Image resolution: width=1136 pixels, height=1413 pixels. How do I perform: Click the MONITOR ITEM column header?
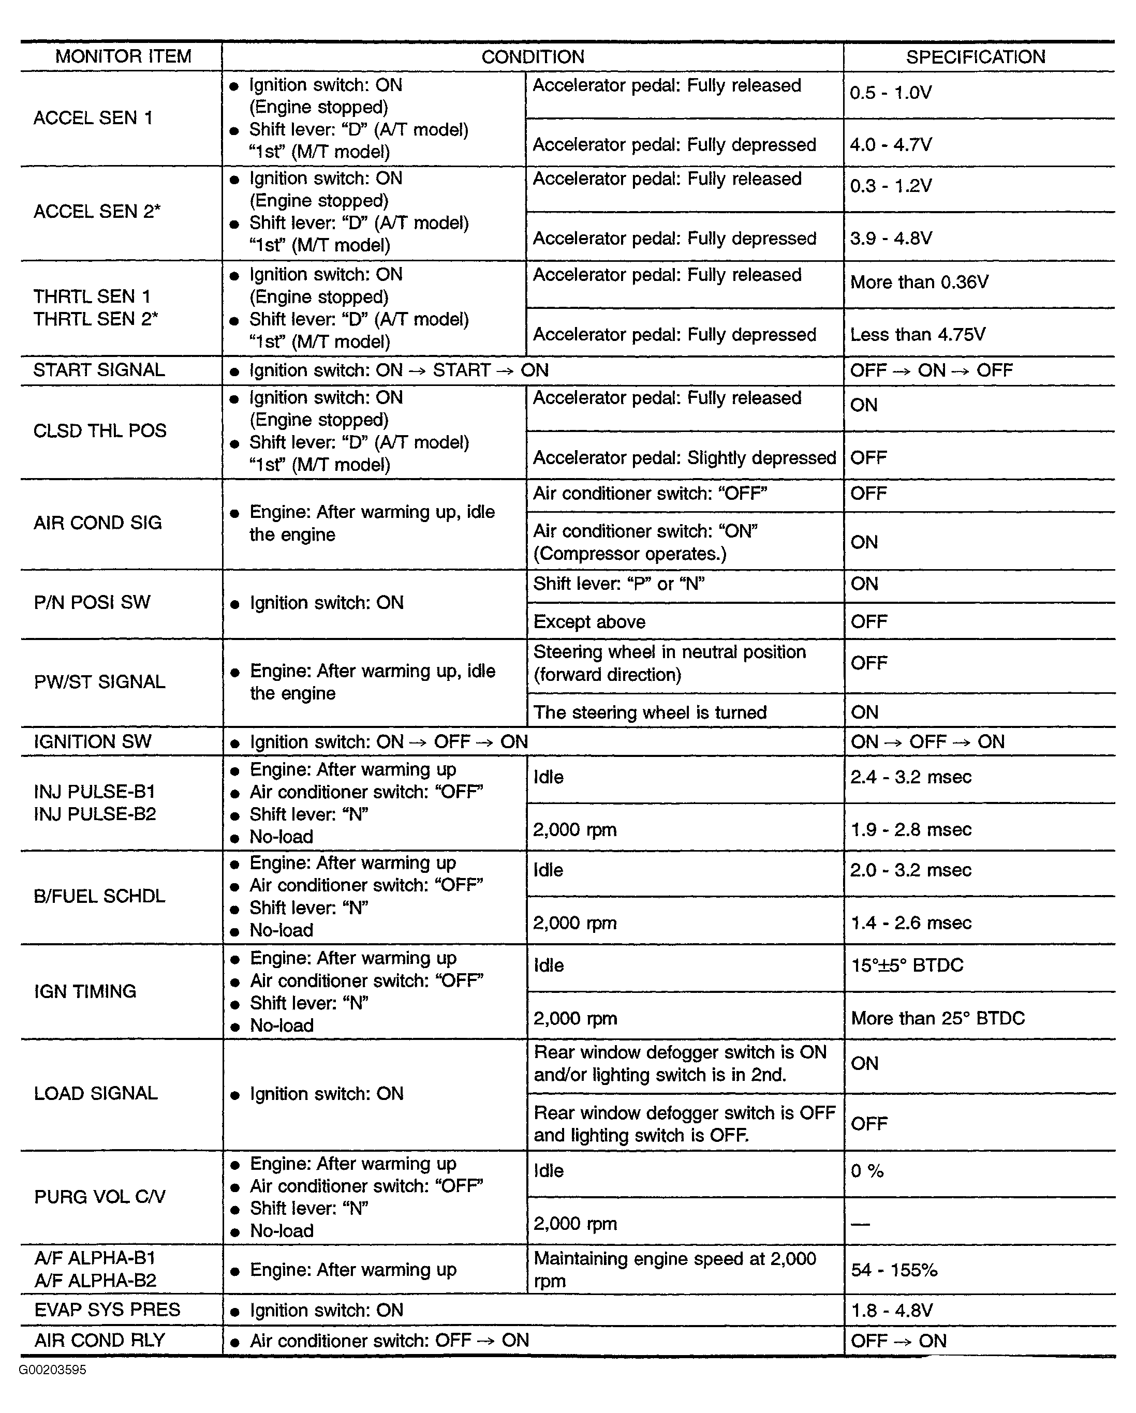click(123, 57)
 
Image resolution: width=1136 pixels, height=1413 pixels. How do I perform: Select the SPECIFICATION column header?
click(976, 57)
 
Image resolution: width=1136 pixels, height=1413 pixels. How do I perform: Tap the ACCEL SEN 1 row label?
click(93, 118)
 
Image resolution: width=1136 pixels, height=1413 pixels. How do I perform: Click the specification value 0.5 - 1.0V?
click(891, 93)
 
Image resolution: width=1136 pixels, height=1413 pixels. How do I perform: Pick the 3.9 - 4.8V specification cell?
click(891, 238)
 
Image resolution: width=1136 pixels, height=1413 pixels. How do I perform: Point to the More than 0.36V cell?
click(919, 282)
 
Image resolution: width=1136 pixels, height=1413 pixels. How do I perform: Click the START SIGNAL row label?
click(99, 370)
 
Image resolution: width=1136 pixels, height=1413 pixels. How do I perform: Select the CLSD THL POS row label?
click(100, 430)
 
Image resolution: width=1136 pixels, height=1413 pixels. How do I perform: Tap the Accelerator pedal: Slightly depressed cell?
click(684, 457)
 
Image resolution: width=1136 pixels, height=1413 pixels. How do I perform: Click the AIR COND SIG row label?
click(98, 523)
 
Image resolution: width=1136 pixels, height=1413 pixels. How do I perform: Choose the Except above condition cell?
click(589, 621)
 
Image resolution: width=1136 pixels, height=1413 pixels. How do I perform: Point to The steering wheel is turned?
click(650, 712)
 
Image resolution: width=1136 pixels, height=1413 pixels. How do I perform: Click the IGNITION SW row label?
click(93, 742)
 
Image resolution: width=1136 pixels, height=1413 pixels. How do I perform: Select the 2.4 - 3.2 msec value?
click(910, 777)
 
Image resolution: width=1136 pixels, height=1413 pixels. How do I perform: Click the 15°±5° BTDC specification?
click(907, 965)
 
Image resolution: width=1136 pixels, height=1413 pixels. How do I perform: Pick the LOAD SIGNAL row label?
click(96, 1093)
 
